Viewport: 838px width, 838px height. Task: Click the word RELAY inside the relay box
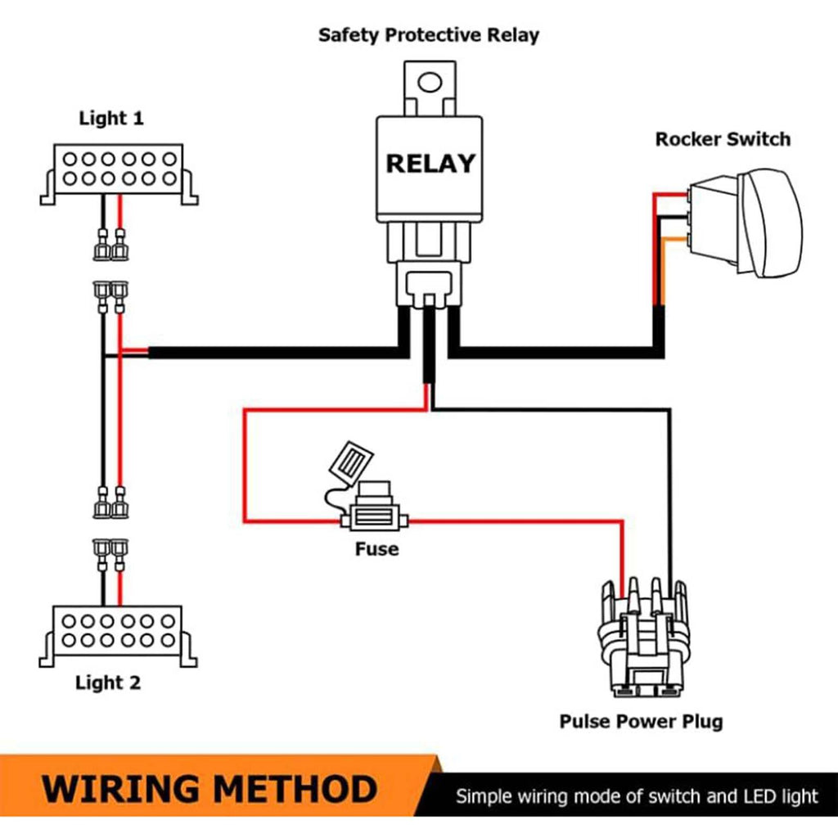[430, 164]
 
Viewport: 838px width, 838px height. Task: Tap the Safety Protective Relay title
[429, 35]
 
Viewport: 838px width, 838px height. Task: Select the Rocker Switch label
[723, 139]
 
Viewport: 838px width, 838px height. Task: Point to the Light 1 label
[111, 118]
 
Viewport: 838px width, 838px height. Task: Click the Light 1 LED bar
[119, 168]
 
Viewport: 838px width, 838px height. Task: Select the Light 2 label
[108, 683]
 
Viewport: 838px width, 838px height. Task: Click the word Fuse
[376, 548]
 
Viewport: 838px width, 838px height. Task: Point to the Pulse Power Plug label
[641, 722]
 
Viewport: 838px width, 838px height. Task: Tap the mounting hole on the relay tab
[429, 82]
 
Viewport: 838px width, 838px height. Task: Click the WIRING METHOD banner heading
[209, 789]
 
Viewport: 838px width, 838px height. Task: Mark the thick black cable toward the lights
[270, 353]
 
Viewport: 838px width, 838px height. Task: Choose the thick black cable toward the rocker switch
[556, 353]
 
